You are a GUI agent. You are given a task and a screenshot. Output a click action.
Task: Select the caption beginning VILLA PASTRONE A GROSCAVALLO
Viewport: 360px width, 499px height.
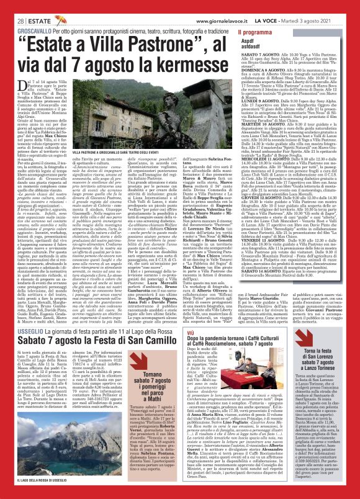pos(109,169)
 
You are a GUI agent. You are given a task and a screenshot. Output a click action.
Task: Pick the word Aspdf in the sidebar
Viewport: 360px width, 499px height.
pos(250,40)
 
